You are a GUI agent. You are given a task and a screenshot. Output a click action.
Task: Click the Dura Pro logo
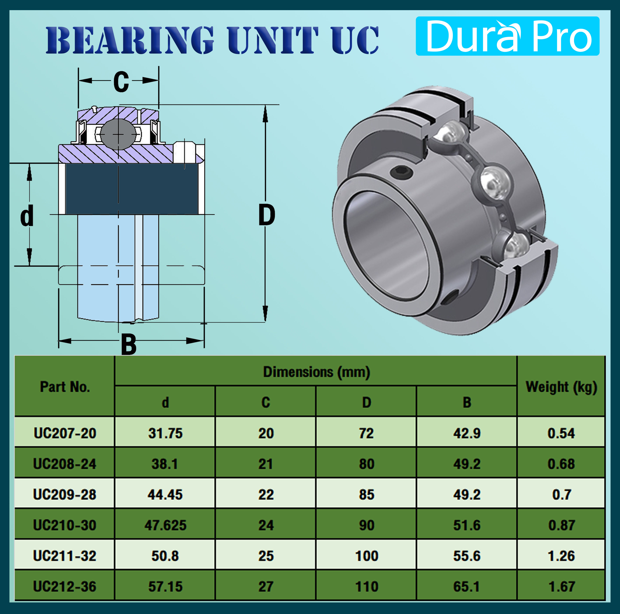[x=507, y=36]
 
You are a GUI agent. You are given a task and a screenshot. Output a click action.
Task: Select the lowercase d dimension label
[x=27, y=215]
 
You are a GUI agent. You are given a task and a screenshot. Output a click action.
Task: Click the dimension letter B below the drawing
[x=129, y=344]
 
